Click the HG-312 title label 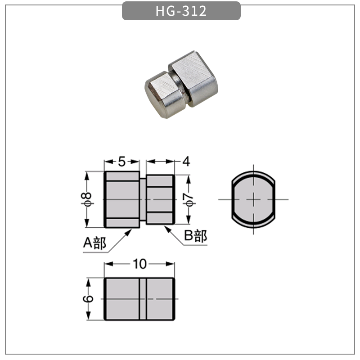pyautogui.click(x=181, y=11)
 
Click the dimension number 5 pyautogui.click(x=122, y=161)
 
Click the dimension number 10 pyautogui.click(x=140, y=264)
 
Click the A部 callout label pyautogui.click(x=94, y=243)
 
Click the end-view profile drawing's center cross pyautogui.click(x=253, y=199)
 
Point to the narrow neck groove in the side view pyautogui.click(x=143, y=199)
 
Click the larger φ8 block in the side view pyautogui.click(x=122, y=199)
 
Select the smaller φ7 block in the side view pyautogui.click(x=160, y=199)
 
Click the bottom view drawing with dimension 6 pyautogui.click(x=139, y=299)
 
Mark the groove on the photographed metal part pyautogui.click(x=180, y=88)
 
